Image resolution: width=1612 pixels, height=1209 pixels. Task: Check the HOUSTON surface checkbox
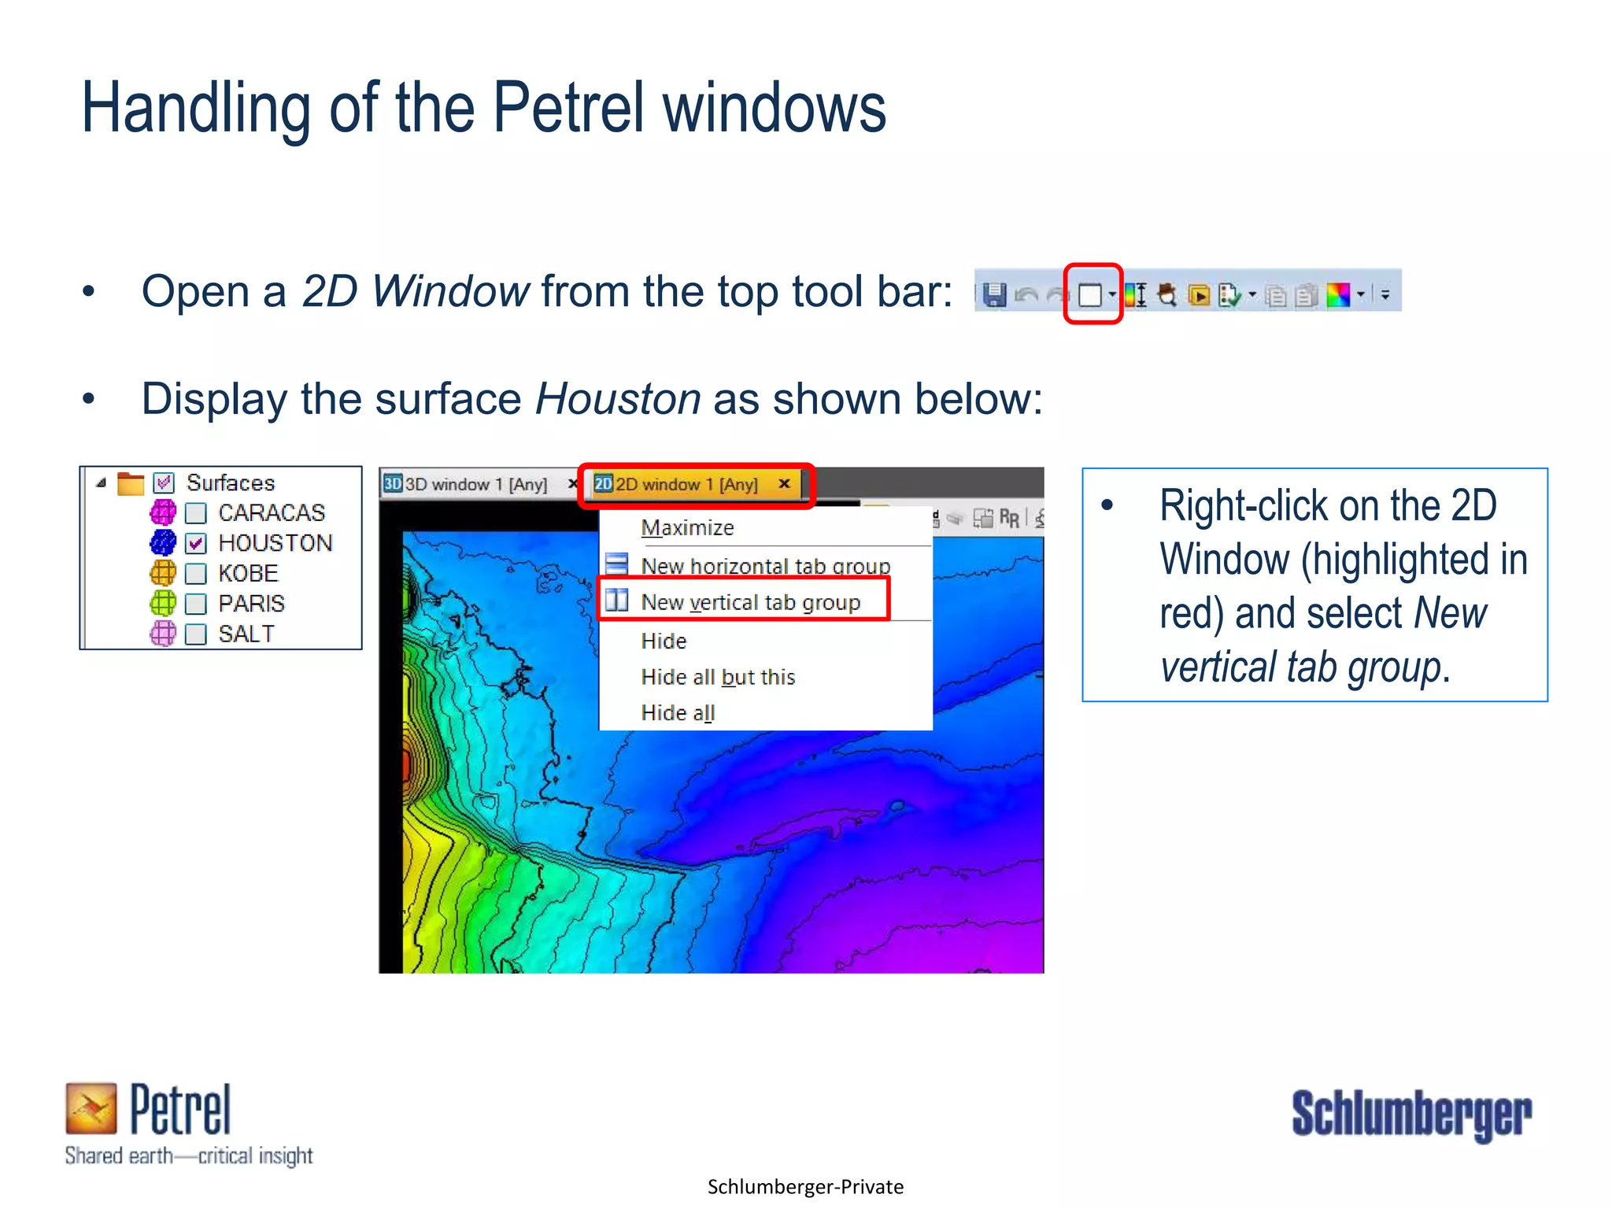pos(196,543)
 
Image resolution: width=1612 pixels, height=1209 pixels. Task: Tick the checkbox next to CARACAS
pos(196,513)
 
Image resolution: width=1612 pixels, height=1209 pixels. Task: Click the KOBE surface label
pos(248,573)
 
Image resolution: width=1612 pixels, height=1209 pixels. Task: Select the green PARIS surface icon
pos(163,604)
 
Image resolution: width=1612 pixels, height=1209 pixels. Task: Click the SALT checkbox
pos(196,634)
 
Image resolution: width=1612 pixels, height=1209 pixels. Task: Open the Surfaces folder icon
pos(130,482)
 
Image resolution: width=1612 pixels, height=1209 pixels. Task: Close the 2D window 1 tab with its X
pos(784,483)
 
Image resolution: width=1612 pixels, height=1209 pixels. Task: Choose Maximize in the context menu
pos(687,527)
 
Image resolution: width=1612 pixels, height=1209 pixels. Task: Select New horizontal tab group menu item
pos(765,565)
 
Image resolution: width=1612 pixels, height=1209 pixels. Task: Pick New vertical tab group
pos(750,602)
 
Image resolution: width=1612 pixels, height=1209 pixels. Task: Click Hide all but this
pos(718,677)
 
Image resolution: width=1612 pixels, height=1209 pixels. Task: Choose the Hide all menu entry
pos(678,712)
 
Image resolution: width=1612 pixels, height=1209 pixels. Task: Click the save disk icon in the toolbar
pos(995,295)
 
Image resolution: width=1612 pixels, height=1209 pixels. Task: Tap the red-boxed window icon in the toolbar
pos(1090,295)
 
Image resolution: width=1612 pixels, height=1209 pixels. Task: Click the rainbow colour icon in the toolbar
pos(1338,295)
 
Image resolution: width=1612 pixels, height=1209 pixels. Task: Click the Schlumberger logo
pos(1411,1115)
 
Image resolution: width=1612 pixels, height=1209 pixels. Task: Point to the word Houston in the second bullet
pos(618,398)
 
